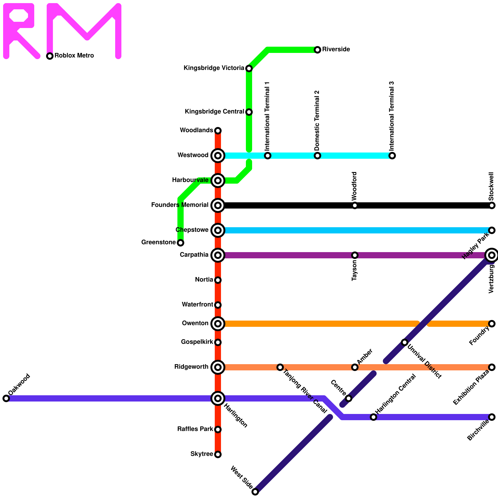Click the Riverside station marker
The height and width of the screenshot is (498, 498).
tap(317, 50)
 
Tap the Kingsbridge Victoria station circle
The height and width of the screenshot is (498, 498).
tap(249, 68)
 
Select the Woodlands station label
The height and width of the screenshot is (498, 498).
tap(196, 130)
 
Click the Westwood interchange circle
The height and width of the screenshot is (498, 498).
tap(218, 156)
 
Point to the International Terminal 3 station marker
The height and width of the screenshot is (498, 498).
tap(392, 156)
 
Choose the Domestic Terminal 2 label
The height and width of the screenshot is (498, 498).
tap(317, 120)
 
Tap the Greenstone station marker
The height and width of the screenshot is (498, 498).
tap(181, 243)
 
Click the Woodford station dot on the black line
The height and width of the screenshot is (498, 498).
tap(355, 205)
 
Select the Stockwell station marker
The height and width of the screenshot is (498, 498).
tap(492, 205)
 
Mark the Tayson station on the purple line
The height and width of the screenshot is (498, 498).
tap(355, 255)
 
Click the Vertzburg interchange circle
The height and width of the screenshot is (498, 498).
tap(492, 255)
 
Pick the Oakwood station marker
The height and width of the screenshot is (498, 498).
tap(6, 398)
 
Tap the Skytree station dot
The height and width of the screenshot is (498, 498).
tap(218, 454)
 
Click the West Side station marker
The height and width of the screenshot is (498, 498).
tap(255, 492)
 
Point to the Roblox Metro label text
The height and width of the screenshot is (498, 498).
tap(74, 56)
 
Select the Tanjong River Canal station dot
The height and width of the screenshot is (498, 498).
tap(280, 367)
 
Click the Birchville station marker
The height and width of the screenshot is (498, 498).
tap(492, 417)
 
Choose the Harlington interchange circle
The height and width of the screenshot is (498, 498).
tap(218, 398)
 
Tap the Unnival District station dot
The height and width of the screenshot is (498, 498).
tap(405, 342)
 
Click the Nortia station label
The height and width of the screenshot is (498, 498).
tap(204, 280)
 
